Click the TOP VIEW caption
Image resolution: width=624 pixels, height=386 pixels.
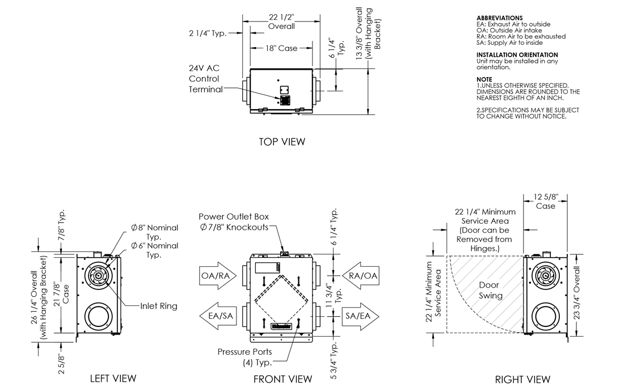click(x=282, y=141)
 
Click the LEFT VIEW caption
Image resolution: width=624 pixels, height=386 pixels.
click(x=113, y=378)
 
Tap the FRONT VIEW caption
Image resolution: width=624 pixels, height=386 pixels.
click(x=283, y=379)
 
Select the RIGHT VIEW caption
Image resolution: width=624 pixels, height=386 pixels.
click(x=522, y=379)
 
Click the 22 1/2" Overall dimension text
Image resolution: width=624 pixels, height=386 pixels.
click(x=281, y=22)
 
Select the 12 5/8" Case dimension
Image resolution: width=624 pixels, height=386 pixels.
click(x=546, y=202)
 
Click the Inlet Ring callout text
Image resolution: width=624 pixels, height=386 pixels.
click(x=159, y=306)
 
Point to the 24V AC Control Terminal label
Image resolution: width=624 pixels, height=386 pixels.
click(x=205, y=78)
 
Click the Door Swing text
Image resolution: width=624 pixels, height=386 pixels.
click(x=490, y=290)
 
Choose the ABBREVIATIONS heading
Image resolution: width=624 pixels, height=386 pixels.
click(x=500, y=18)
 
